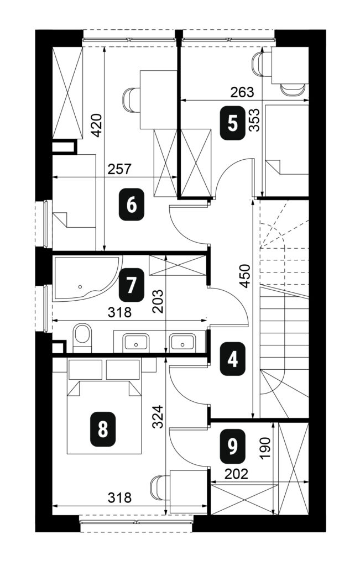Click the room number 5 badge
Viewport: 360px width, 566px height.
pos(233,124)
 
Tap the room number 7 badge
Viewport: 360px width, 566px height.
pos(131,285)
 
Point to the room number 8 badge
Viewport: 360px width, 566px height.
pos(103,430)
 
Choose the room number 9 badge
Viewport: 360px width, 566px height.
pos(233,447)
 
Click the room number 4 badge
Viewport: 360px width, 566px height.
pos(233,359)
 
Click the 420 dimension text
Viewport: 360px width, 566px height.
pos(96,125)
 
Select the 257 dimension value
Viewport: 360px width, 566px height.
pos(119,169)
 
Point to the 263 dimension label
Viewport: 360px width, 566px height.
pos(242,92)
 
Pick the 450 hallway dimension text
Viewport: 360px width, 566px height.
pos(244,276)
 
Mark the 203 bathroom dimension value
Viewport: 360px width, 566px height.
pos(158,301)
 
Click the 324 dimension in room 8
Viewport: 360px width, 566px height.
pos(158,417)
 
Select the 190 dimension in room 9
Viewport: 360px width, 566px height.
pos(265,448)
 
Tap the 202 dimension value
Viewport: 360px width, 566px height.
pos(236,474)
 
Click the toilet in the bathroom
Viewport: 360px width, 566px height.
pos(82,338)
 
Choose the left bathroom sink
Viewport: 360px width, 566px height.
pos(135,341)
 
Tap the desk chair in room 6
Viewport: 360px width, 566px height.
pos(131,100)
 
